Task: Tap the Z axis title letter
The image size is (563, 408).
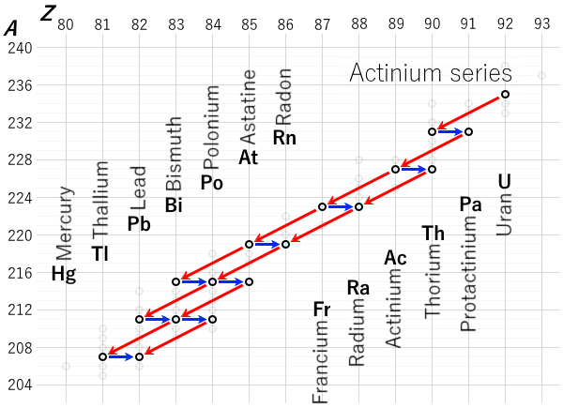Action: pyautogui.click(x=48, y=12)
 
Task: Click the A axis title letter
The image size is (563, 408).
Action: pyautogui.click(x=10, y=28)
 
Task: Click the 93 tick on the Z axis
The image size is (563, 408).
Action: pyautogui.click(x=541, y=25)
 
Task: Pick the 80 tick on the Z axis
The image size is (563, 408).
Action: pyautogui.click(x=66, y=25)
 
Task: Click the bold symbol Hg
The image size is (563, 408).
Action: pyautogui.click(x=64, y=274)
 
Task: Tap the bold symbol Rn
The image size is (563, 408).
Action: pyautogui.click(x=284, y=138)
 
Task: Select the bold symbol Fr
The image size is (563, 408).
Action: pyautogui.click(x=322, y=309)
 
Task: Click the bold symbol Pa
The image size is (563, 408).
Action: pyautogui.click(x=470, y=204)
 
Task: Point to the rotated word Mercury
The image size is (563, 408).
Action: pyautogui.click(x=64, y=222)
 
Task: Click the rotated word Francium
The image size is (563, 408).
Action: pyautogui.click(x=322, y=363)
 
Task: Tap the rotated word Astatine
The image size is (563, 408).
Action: pyautogui.click(x=249, y=103)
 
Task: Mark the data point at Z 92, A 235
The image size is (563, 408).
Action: pyautogui.click(x=505, y=94)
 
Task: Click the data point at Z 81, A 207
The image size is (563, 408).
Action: pyautogui.click(x=102, y=356)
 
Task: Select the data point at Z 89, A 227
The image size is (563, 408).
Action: pyautogui.click(x=395, y=169)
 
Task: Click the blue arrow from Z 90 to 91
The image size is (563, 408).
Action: pyautogui.click(x=450, y=131)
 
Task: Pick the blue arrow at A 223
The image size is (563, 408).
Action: pyautogui.click(x=341, y=206)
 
